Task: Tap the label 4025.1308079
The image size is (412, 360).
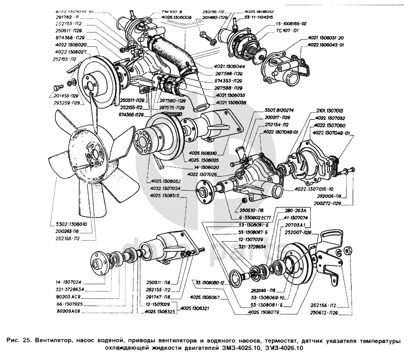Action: point(264,312)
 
